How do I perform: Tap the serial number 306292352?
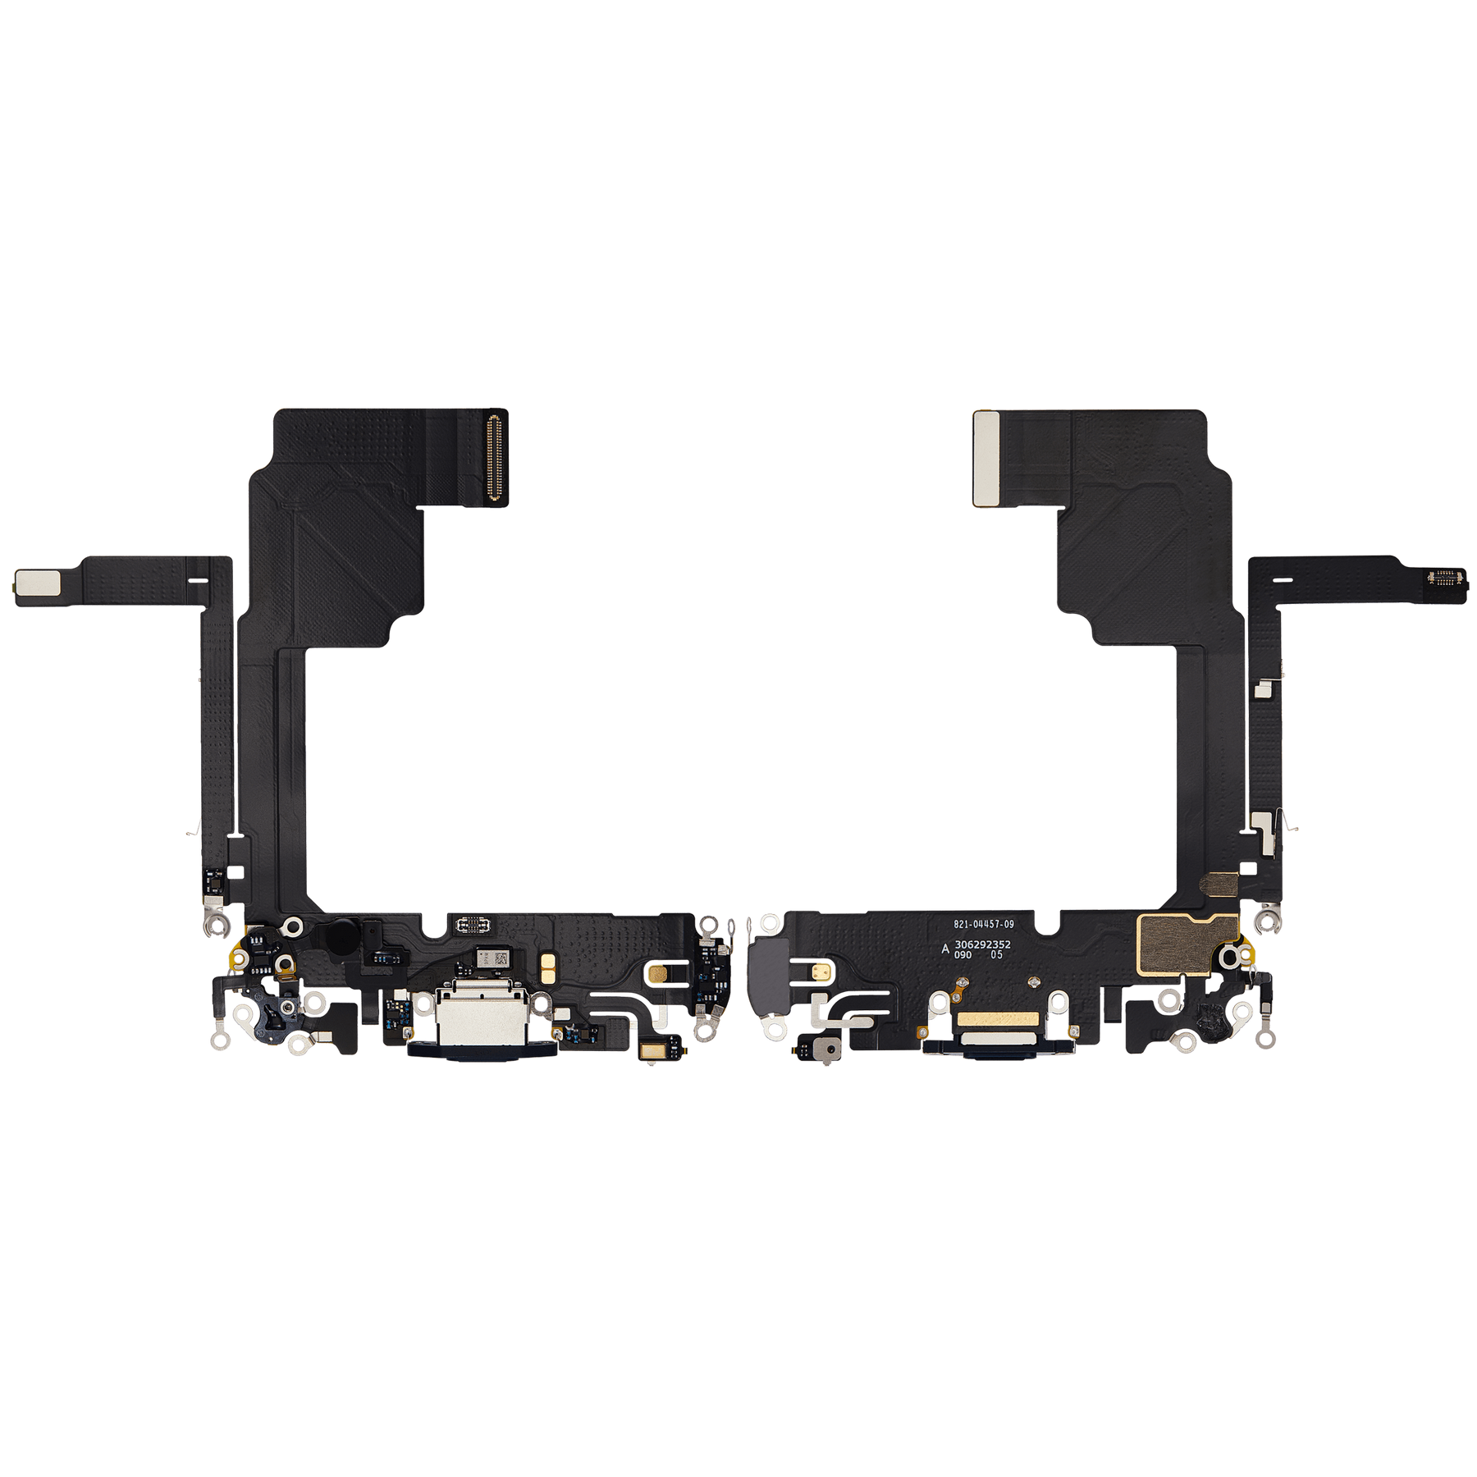pos(982,944)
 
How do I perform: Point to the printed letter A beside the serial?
pos(945,948)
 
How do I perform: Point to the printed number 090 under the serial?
pos(963,955)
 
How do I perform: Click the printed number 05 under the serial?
pos(996,955)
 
